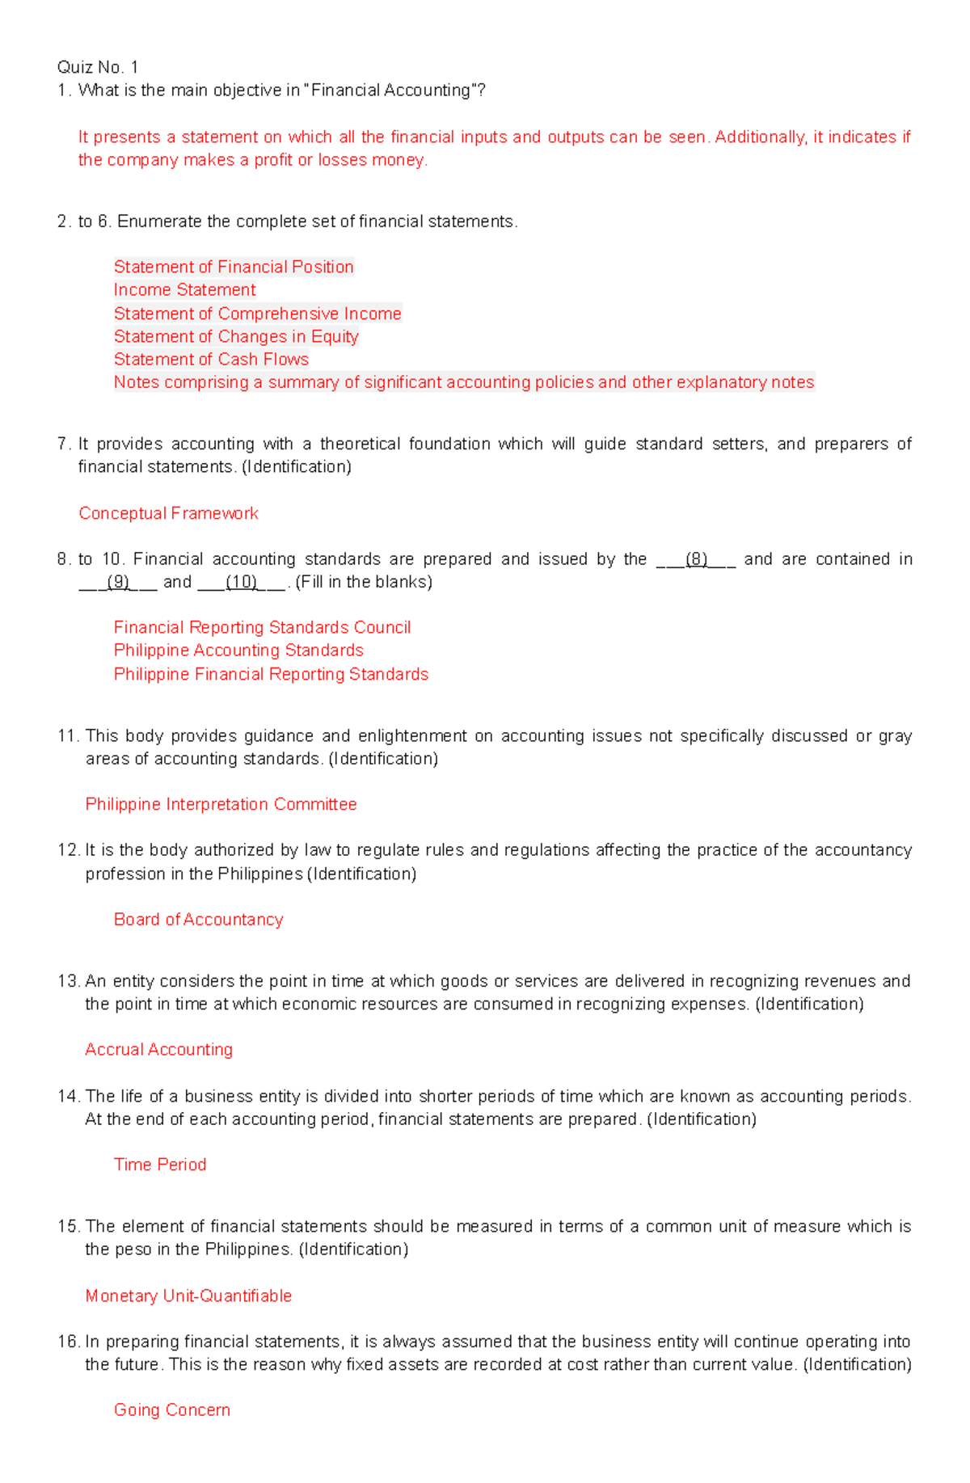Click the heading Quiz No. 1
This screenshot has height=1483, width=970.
(x=98, y=67)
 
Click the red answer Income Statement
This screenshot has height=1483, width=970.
(x=184, y=290)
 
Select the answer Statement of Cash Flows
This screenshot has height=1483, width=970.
(x=211, y=360)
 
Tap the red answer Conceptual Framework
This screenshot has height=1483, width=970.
(x=168, y=513)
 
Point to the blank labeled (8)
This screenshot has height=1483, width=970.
(x=696, y=559)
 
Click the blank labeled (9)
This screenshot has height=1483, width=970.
(x=118, y=582)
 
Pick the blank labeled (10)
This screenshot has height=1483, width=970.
(x=241, y=582)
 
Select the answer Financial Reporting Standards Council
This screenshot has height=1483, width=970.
(x=262, y=628)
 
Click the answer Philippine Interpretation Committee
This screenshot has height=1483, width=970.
(x=221, y=804)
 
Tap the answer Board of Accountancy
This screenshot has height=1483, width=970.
(x=198, y=920)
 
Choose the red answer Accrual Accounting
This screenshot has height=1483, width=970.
(x=158, y=1050)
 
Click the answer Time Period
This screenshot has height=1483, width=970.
(x=160, y=1165)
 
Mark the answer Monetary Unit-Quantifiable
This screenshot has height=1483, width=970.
(x=188, y=1296)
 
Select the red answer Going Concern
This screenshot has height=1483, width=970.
(x=172, y=1410)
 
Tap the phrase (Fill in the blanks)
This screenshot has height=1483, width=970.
(x=364, y=582)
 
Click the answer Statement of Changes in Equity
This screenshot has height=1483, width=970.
(x=236, y=337)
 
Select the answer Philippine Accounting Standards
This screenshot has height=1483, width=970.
(x=238, y=651)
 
